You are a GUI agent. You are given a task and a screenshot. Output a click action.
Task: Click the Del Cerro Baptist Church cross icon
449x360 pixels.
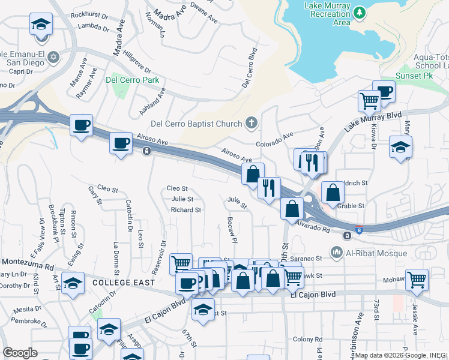pyautogui.click(x=252, y=124)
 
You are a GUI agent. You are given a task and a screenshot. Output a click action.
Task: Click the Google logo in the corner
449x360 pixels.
pyautogui.click(x=20, y=353)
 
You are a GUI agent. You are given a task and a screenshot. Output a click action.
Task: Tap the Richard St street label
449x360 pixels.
pyautogui.click(x=185, y=210)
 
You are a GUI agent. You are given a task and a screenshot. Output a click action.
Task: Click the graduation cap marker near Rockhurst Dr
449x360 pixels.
pyautogui.click(x=41, y=24)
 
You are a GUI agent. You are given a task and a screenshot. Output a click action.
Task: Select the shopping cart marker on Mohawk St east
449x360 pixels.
pyautogui.click(x=416, y=278)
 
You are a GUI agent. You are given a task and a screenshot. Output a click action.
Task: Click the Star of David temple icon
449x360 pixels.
pyautogui.click(x=53, y=57)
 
